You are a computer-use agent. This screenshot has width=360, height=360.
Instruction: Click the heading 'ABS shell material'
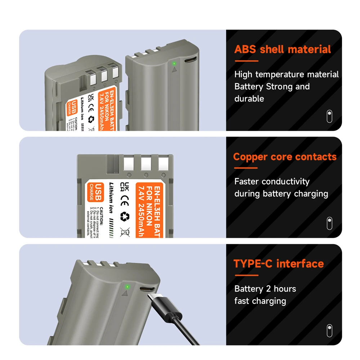(x=283, y=49)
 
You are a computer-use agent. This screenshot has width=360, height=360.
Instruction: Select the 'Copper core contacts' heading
(x=285, y=157)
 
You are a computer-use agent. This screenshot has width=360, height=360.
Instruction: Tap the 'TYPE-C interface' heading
(x=279, y=264)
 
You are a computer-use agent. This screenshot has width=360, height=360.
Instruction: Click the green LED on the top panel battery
(x=174, y=63)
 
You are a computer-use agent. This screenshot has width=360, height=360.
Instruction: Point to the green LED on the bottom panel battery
(x=127, y=287)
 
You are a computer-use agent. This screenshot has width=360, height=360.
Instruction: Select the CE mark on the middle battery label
(x=125, y=200)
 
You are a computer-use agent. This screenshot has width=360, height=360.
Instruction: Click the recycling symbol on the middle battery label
(x=125, y=216)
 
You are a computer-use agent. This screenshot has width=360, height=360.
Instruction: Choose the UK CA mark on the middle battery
(x=125, y=187)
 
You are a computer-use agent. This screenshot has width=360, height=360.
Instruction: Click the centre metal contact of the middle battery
(x=146, y=164)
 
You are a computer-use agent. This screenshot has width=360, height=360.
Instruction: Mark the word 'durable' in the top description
(x=249, y=99)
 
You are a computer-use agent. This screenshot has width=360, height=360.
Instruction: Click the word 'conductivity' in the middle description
(x=285, y=181)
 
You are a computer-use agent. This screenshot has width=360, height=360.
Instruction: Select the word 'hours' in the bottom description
(x=285, y=289)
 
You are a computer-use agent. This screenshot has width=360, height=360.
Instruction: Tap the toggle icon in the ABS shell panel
(x=329, y=116)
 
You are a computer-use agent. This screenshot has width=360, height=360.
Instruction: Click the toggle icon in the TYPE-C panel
(x=329, y=330)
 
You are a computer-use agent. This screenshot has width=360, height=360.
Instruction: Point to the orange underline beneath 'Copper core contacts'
(x=246, y=168)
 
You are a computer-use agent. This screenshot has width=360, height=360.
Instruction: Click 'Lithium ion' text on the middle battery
(x=112, y=198)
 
